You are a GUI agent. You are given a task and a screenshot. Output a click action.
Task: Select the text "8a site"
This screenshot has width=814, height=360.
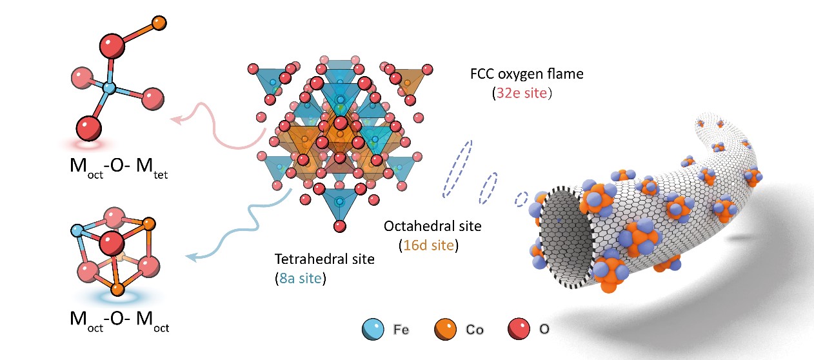click(301, 279)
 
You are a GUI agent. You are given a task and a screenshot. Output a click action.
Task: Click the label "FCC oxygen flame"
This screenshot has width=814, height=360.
click(526, 74)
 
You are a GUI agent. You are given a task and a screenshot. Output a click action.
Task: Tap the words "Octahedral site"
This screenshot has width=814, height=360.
click(432, 226)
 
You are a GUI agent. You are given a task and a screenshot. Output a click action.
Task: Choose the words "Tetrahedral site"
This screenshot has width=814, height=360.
click(324, 260)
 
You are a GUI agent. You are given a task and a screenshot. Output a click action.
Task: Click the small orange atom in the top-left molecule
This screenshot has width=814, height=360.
click(159, 24)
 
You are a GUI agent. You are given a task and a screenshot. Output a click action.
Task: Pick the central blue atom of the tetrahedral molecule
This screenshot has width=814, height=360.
click(110, 86)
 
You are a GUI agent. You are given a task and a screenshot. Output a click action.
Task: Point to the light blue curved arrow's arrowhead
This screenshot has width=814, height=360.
click(190, 258)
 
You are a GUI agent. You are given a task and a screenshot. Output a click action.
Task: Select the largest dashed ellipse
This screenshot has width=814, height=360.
click(457, 168)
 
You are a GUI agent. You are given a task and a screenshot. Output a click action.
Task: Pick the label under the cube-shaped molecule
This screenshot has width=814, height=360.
click(119, 322)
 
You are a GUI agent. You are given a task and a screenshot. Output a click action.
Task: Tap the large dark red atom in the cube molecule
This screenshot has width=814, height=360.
click(110, 243)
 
